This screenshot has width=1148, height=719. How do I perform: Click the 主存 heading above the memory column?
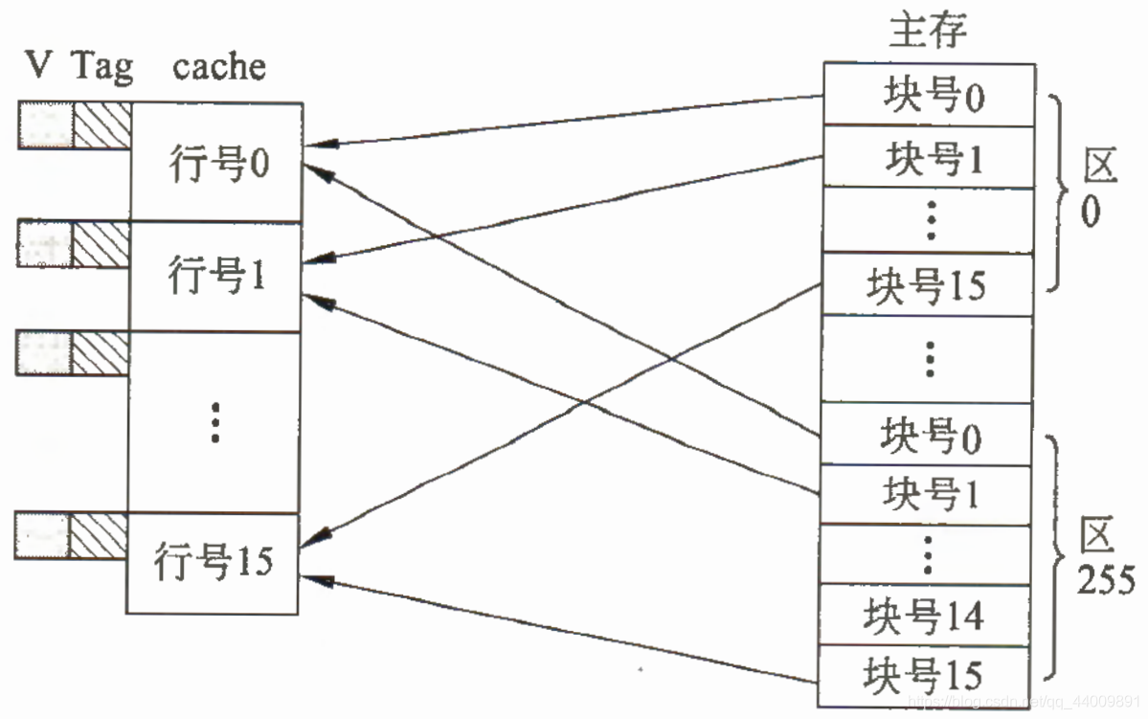click(928, 32)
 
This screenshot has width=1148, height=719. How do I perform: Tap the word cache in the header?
click(219, 68)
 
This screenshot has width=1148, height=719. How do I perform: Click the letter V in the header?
click(38, 68)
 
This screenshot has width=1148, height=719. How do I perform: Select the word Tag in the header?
click(101, 68)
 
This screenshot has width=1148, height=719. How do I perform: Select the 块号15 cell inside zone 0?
click(926, 285)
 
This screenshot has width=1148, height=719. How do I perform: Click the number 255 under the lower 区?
click(1105, 580)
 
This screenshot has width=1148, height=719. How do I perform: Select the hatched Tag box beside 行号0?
click(102, 126)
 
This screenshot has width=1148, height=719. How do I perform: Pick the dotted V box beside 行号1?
click(44, 245)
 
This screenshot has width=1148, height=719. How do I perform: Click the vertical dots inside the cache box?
click(216, 421)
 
